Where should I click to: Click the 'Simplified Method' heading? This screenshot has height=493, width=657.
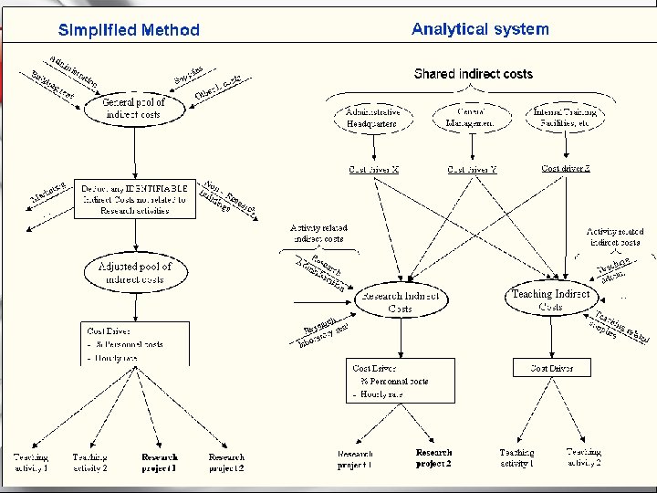(x=129, y=30)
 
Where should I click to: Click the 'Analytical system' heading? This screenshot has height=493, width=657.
(x=480, y=29)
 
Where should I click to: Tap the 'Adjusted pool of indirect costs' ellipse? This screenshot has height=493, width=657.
(x=134, y=271)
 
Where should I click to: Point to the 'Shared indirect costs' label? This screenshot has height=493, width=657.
(x=473, y=74)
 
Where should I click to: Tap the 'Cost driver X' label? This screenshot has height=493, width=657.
(x=374, y=169)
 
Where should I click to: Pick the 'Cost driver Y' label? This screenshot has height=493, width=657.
(x=472, y=170)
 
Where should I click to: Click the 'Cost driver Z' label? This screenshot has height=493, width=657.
(x=566, y=168)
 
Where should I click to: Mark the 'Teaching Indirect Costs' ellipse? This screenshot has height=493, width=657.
(x=550, y=300)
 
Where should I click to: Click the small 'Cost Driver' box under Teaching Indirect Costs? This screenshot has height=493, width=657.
(x=551, y=368)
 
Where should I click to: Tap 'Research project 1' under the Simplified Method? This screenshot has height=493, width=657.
(x=160, y=462)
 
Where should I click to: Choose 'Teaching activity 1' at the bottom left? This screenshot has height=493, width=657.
(x=30, y=462)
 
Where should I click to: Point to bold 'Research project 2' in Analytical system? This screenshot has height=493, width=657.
(x=433, y=457)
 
